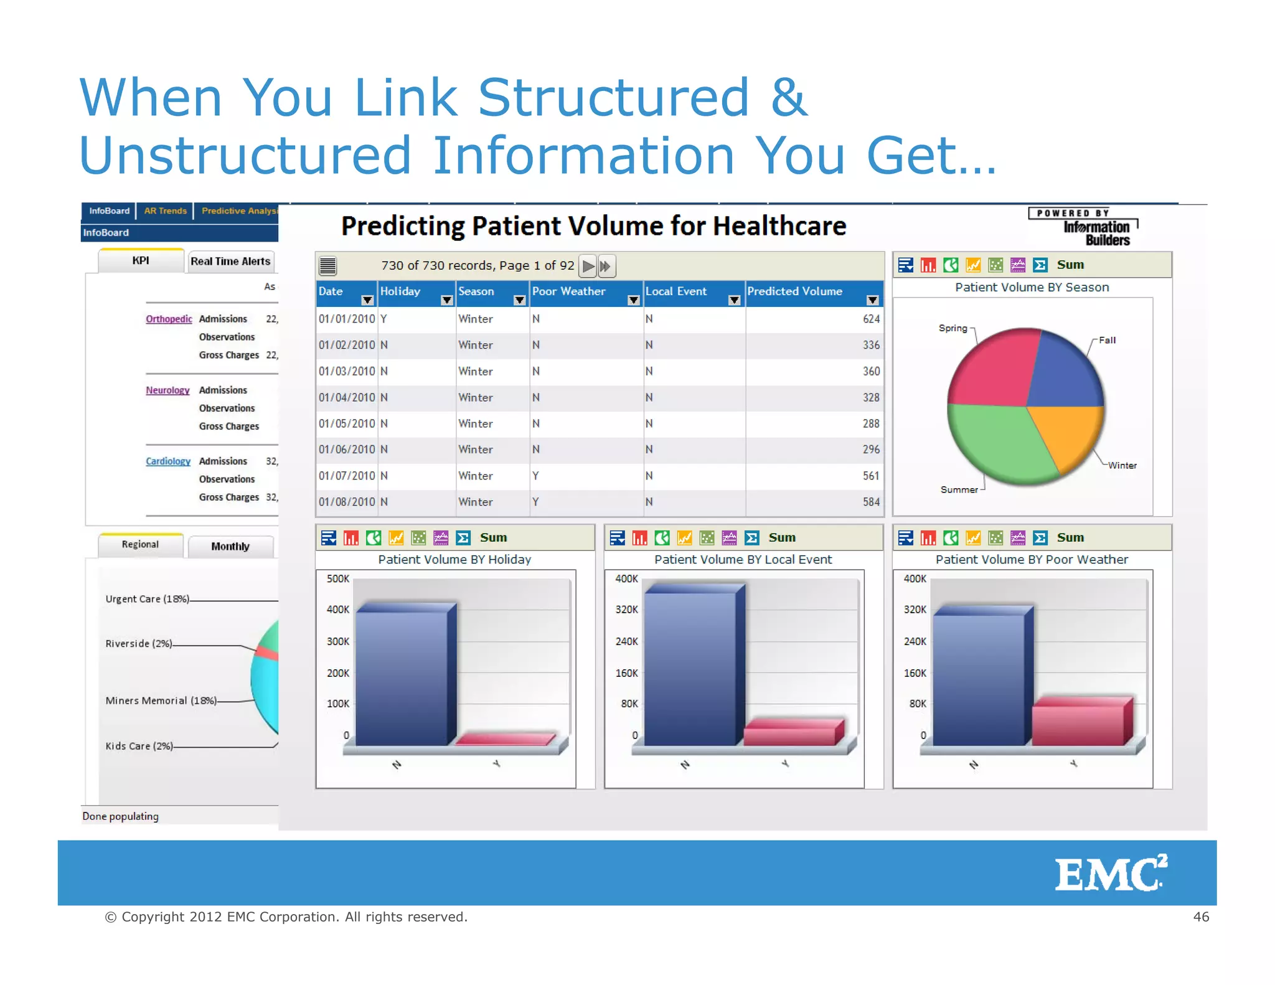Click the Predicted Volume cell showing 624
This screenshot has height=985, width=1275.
coord(870,319)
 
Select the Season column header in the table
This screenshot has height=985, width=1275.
coord(477,291)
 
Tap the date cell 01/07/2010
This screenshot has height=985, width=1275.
coord(347,476)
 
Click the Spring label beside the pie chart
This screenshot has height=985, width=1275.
coord(953,328)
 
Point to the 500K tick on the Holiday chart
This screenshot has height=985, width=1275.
coord(338,579)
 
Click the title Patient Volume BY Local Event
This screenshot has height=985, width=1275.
coord(743,560)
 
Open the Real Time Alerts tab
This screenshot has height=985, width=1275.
coord(230,262)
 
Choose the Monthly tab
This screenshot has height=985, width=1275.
coord(230,546)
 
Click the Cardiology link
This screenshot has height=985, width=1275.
coord(168,461)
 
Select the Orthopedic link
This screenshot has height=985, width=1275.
coord(169,319)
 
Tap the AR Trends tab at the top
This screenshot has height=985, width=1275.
coord(165,211)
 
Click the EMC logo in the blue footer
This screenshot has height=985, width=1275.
coord(1110,873)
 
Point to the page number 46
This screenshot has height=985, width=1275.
coord(1200,917)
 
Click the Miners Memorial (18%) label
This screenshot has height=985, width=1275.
coord(161,700)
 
